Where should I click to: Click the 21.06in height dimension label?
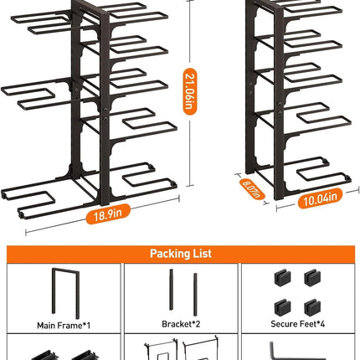[190, 91]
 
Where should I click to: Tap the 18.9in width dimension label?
[108, 214]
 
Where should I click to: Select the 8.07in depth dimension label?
[252, 189]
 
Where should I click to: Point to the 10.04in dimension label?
[320, 198]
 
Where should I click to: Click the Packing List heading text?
[181, 254]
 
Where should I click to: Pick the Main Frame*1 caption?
[64, 326]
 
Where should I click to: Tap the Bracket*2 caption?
[181, 324]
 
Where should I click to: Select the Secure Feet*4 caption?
[298, 324]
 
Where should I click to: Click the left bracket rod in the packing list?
[171, 290]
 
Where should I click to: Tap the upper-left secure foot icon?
[282, 278]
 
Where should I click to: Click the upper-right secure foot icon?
[312, 278]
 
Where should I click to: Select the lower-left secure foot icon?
[282, 308]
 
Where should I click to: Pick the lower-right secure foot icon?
[312, 308]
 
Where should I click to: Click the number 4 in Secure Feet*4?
[322, 324]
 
